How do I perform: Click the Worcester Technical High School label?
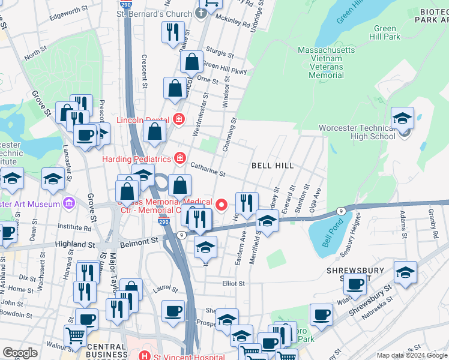click(357, 132)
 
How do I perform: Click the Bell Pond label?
click(327, 239)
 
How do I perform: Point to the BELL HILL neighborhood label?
click(273, 165)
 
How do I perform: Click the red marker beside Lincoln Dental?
click(178, 119)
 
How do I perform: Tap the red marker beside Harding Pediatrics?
click(179, 158)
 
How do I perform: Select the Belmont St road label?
click(139, 241)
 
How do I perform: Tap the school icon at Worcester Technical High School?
click(402, 118)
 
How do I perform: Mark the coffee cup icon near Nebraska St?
click(321, 315)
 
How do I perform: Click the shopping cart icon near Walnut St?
click(75, 336)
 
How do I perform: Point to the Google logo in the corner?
click(20, 353)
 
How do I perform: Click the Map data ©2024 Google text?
click(412, 355)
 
